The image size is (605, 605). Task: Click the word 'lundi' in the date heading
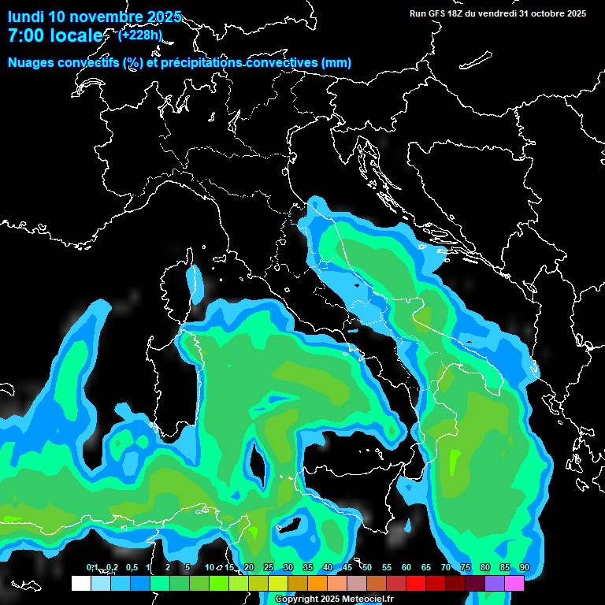(25, 17)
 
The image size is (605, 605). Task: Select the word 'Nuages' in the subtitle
(31, 63)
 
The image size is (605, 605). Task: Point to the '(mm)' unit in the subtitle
(336, 63)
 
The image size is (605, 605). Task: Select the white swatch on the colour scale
(80, 583)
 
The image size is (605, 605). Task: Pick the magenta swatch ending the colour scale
(514, 583)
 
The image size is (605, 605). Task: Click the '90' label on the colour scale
(524, 568)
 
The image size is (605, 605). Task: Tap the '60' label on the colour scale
(406, 568)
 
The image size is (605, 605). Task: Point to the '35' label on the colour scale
(307, 568)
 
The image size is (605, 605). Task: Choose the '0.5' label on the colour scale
(132, 568)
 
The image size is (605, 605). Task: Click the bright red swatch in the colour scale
(416, 583)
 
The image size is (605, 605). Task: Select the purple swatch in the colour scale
(495, 583)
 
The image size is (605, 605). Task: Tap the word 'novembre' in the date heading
(105, 17)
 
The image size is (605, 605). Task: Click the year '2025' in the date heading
(164, 17)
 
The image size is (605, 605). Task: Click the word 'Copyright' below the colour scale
(295, 599)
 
